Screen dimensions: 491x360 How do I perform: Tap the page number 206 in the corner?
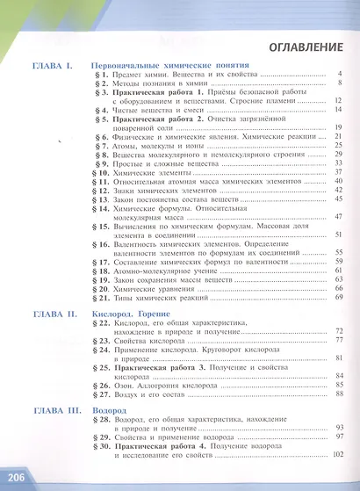tap(15, 477)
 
